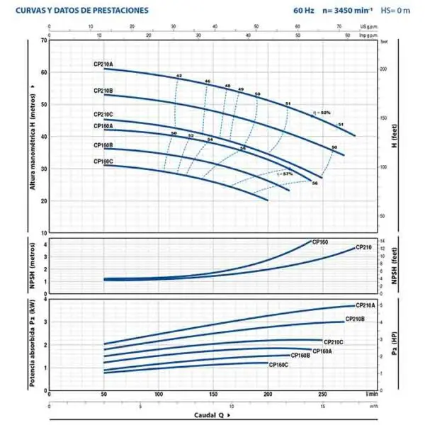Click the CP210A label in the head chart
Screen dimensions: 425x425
[103, 64]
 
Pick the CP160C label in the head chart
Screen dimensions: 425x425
[103, 161]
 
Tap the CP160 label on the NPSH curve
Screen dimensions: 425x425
[320, 242]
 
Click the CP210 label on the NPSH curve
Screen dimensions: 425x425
[363, 247]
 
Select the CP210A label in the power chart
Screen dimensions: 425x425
[367, 305]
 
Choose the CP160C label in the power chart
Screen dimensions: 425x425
[278, 364]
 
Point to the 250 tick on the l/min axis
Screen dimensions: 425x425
[322, 393]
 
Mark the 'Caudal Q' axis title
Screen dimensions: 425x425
[209, 415]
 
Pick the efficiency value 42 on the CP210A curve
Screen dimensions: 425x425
[179, 75]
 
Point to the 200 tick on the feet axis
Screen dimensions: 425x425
[384, 69]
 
